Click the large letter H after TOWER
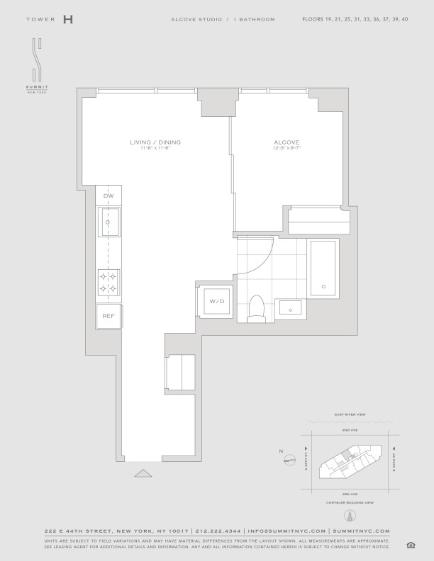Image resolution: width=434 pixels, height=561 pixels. pyautogui.click(x=67, y=19)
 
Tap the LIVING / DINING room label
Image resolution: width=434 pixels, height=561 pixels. pyautogui.click(x=155, y=142)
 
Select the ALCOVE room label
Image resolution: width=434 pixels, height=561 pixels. pyautogui.click(x=286, y=142)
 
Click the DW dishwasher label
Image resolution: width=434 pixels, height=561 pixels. pyautogui.click(x=109, y=195)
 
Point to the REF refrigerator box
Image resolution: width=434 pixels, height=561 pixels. pyautogui.click(x=108, y=316)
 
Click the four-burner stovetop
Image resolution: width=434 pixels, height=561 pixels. pyautogui.click(x=108, y=282)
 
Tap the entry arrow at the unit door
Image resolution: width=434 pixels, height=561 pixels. pyautogui.click(x=143, y=473)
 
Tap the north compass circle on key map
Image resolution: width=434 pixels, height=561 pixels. pyautogui.click(x=289, y=461)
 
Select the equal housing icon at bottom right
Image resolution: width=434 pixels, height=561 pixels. pyautogui.click(x=411, y=544)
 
